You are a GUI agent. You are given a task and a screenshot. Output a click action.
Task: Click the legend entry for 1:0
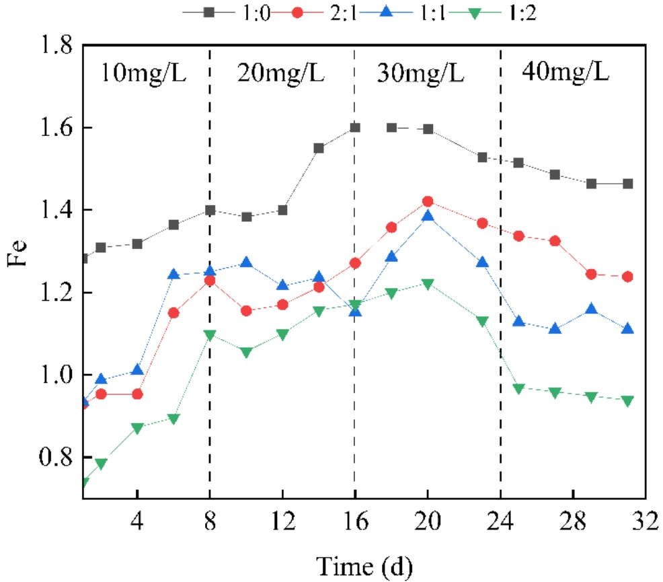coord(219,11)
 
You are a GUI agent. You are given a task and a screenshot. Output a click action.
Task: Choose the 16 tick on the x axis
coord(355,521)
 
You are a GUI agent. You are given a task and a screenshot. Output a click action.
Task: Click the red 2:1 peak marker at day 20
coord(428,202)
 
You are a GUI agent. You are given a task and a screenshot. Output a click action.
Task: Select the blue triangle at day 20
coord(428,217)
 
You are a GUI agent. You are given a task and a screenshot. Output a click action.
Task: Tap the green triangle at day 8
coord(210,335)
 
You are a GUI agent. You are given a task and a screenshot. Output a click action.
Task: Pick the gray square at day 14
coord(319,148)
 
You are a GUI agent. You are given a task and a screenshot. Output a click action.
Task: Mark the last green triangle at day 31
coord(627,401)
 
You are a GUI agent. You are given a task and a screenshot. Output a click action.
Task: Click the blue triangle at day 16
coord(355,312)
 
